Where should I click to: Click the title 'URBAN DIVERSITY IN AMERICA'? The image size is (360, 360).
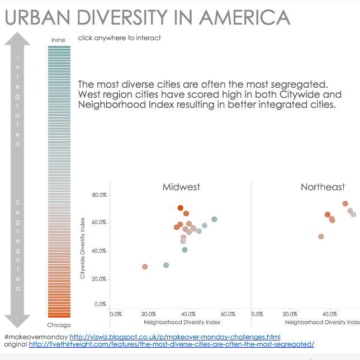tap(148, 17)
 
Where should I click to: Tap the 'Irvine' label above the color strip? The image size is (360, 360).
tap(58, 40)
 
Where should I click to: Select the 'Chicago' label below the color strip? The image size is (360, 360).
tap(59, 325)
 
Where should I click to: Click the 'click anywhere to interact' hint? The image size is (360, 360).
tap(120, 38)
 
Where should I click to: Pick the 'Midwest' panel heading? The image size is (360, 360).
tap(181, 187)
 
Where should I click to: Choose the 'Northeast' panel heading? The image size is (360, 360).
tap(323, 187)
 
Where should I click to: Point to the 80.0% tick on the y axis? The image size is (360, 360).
tap(99, 195)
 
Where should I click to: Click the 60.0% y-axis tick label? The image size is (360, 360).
tap(99, 222)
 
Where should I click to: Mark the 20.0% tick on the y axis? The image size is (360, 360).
tap(99, 279)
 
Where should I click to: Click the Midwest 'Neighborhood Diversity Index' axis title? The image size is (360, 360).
tap(182, 322)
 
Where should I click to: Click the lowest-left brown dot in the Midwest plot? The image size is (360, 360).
tap(145, 267)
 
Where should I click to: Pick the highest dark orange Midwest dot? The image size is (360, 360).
tap(181, 208)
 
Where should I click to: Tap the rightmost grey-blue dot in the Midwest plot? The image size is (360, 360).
tap(214, 219)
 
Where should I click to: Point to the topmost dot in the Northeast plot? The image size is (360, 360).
tap(345, 203)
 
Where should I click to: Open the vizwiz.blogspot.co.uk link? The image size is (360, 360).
tap(174, 337)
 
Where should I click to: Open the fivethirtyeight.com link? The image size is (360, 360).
tap(171, 344)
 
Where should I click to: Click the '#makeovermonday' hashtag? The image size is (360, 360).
tap(35, 337)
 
